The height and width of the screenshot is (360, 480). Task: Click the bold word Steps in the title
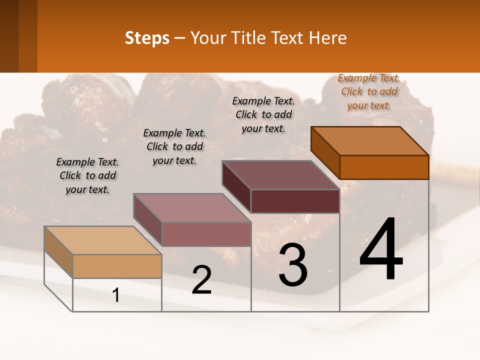(x=147, y=38)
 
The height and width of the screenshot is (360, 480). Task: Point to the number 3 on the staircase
(x=293, y=265)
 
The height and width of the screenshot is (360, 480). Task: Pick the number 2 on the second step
(x=201, y=280)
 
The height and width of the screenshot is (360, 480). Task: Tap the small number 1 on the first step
(x=116, y=295)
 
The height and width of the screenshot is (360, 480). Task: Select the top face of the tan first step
(x=103, y=240)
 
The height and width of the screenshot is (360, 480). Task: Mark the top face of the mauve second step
(x=192, y=208)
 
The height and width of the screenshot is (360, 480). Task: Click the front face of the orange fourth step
(x=384, y=167)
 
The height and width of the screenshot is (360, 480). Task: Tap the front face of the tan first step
(x=117, y=266)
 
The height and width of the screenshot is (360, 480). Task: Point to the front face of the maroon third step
(x=295, y=201)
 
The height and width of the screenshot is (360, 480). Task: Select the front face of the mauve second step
(x=206, y=234)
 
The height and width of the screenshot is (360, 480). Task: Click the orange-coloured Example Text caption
(x=368, y=91)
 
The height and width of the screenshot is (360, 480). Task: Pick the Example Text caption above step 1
(x=87, y=175)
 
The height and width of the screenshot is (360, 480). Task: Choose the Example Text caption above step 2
(x=174, y=146)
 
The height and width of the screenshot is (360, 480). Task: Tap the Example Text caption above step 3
(x=263, y=114)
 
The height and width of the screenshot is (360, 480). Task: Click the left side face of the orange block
(x=325, y=152)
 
